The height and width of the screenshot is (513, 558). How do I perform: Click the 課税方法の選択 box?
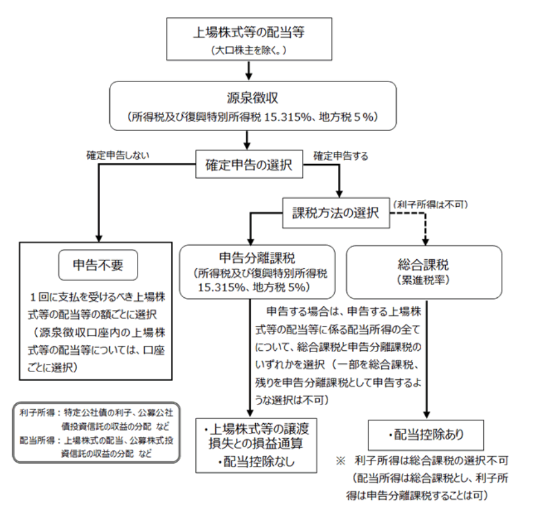(x=335, y=213)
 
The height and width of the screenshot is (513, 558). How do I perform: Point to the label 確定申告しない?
(x=118, y=155)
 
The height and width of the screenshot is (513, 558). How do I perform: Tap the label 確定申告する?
(x=340, y=156)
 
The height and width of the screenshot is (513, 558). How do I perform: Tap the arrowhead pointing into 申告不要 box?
(x=97, y=236)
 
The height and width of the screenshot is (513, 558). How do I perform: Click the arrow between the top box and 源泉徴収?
(x=250, y=71)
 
